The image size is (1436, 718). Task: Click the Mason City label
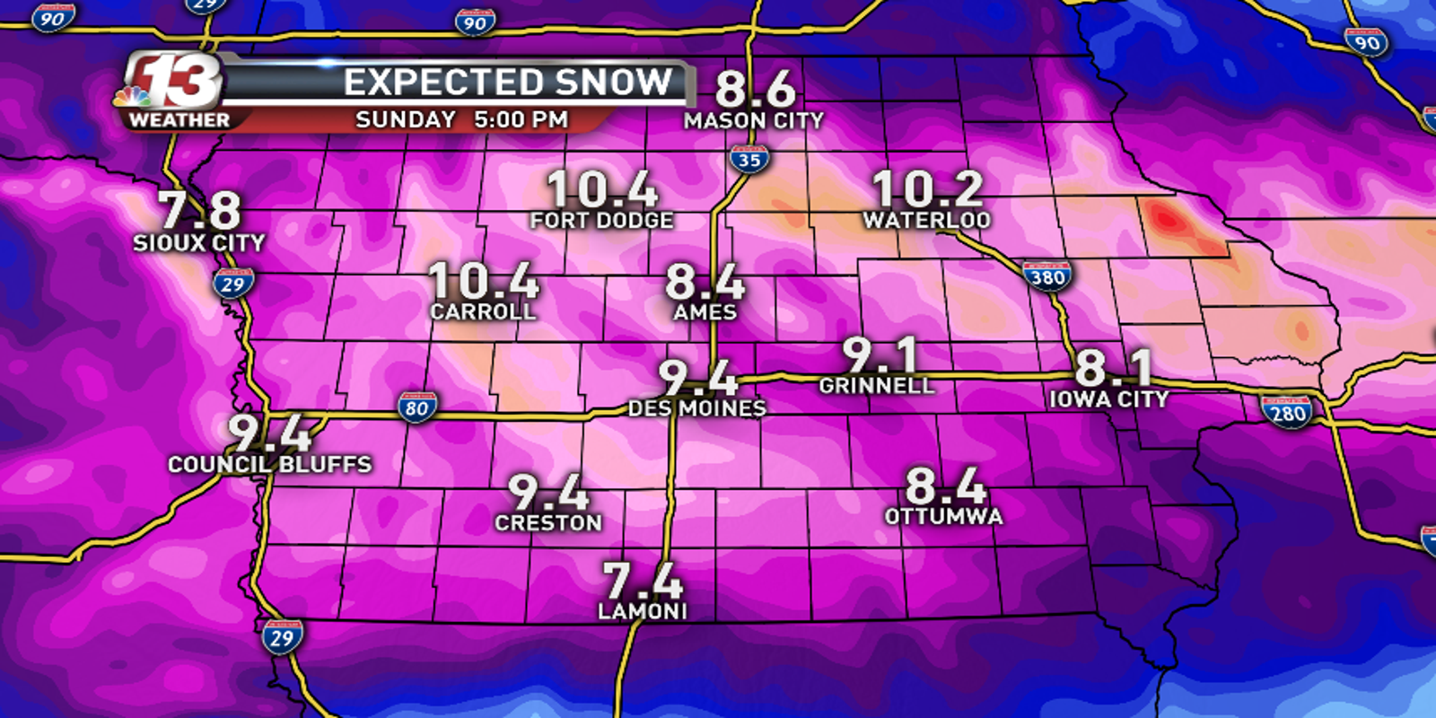click(x=754, y=120)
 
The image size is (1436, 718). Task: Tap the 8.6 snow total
click(x=755, y=89)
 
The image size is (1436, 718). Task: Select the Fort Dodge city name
click(x=601, y=220)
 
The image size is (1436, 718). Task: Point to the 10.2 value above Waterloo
click(x=927, y=188)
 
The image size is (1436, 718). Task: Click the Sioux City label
click(x=199, y=242)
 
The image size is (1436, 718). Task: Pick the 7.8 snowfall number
click(x=200, y=210)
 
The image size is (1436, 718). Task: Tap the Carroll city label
click(x=483, y=311)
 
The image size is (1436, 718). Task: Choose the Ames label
click(x=705, y=312)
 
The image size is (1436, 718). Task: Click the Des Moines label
click(x=696, y=408)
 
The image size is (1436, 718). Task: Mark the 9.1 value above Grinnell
click(x=880, y=355)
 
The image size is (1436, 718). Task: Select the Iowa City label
click(x=1109, y=398)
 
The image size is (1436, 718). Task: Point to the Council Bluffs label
click(x=270, y=464)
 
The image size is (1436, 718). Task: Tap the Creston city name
click(x=548, y=522)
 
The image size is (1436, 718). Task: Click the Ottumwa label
click(x=944, y=516)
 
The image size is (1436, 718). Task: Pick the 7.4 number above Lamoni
click(x=643, y=580)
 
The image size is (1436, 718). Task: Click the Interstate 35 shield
click(x=749, y=160)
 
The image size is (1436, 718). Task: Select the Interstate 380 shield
click(x=1046, y=276)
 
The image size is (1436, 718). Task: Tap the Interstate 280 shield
click(x=1287, y=412)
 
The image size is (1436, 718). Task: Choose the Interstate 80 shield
click(x=417, y=407)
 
